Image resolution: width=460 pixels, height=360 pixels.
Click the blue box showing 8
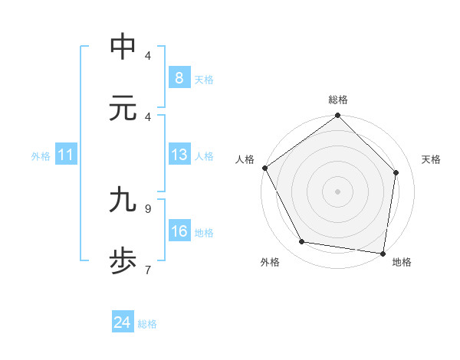[179, 78]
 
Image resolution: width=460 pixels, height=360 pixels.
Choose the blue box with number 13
[179, 155]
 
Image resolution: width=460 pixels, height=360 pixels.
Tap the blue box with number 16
[179, 231]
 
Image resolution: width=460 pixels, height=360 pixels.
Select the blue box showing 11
[65, 155]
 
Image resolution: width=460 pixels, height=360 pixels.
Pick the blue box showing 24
[123, 323]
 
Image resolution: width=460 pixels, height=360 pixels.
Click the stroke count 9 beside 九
[148, 208]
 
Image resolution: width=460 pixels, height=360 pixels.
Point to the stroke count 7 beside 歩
[148, 269]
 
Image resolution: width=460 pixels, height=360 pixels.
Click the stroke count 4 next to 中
[148, 55]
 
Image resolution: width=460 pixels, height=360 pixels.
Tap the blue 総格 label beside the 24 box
[147, 324]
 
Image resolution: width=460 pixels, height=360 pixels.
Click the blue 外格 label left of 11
[41, 156]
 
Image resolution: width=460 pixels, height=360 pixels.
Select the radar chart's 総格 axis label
[338, 100]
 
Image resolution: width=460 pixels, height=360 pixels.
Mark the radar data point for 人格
[265, 168]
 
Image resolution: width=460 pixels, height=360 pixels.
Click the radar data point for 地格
[383, 253]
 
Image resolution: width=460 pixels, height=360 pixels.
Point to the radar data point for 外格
[302, 242]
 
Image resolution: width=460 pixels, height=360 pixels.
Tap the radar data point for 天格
[396, 172]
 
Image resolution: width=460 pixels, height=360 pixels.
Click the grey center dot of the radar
[338, 191]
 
